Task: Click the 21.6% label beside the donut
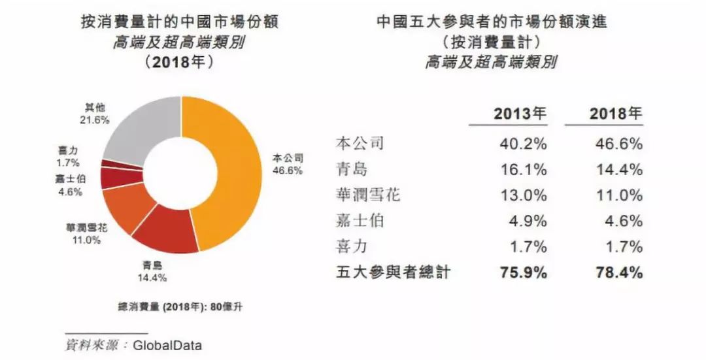click(x=95, y=120)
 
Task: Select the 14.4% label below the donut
click(x=152, y=278)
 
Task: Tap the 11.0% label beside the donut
click(x=86, y=240)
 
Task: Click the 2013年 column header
click(x=520, y=114)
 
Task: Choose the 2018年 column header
click(x=616, y=114)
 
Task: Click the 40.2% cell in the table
click(x=523, y=144)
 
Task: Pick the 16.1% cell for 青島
click(x=523, y=170)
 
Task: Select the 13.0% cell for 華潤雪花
click(x=523, y=195)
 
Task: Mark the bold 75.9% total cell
click(x=523, y=272)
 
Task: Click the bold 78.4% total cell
click(x=619, y=272)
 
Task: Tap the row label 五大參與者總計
click(x=393, y=272)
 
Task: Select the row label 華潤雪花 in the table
click(x=368, y=195)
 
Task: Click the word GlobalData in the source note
click(x=167, y=345)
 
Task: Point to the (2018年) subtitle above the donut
click(x=178, y=61)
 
